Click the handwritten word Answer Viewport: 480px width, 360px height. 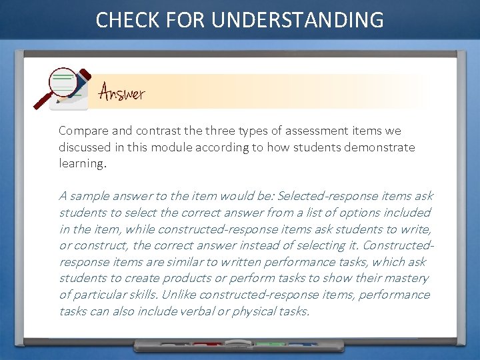point(121,92)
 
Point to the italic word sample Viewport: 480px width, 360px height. point(90,196)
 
